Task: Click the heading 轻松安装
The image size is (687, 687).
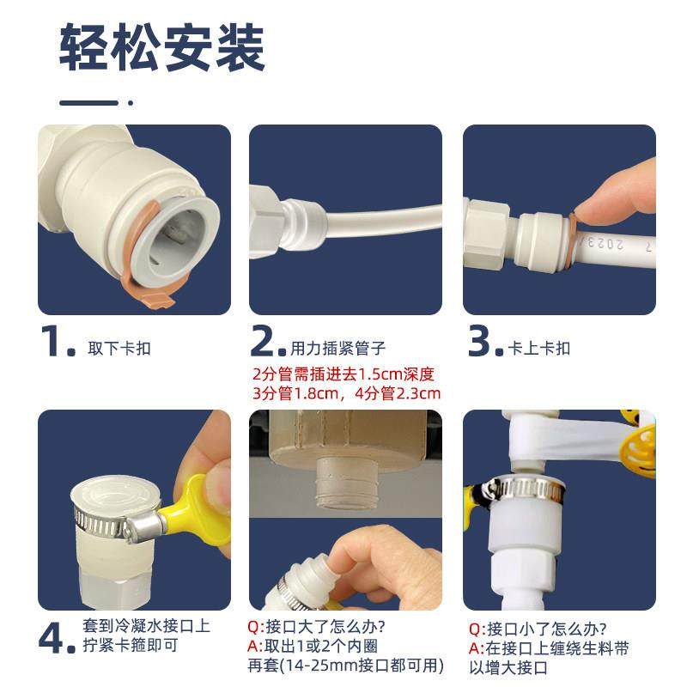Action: pyautogui.click(x=162, y=49)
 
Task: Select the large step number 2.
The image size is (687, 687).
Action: pyautogui.click(x=267, y=343)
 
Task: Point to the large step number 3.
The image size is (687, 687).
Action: pyautogui.click(x=484, y=343)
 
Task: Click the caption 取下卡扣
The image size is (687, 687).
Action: pyautogui.click(x=119, y=349)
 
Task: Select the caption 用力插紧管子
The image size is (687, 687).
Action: pyautogui.click(x=337, y=349)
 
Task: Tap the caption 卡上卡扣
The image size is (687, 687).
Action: pyautogui.click(x=540, y=349)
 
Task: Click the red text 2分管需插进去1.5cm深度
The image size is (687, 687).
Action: pyautogui.click(x=344, y=374)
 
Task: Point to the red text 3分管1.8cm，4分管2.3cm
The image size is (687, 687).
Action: pyautogui.click(x=346, y=394)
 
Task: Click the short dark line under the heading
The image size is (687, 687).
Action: pyautogui.click(x=88, y=103)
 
